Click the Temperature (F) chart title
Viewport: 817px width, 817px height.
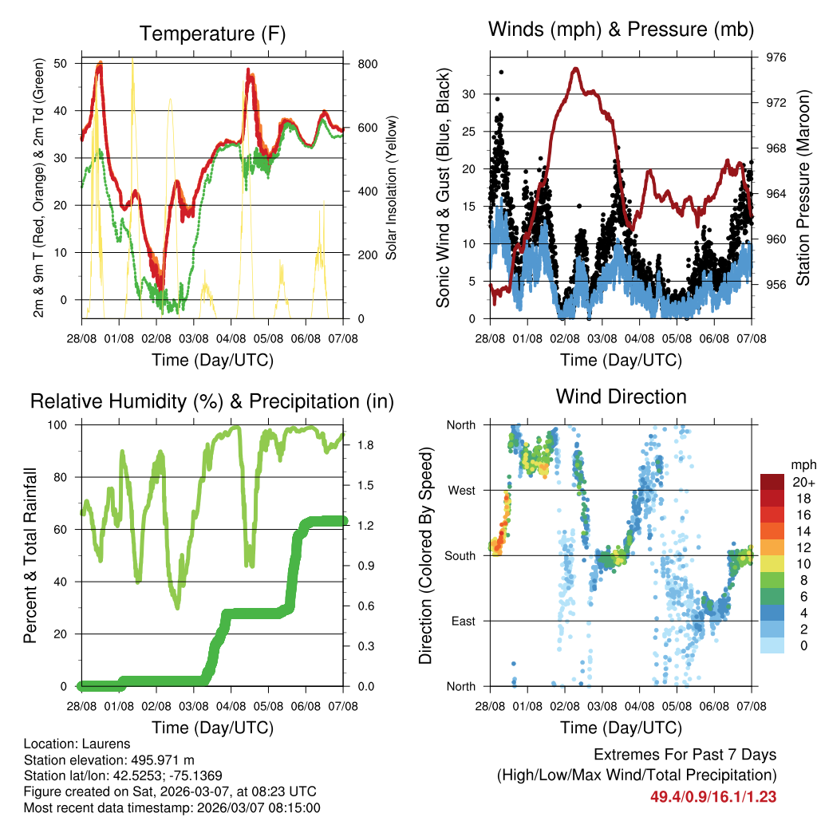212,34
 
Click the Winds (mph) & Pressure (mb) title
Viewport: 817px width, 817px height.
621,30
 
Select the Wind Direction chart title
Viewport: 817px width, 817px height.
621,396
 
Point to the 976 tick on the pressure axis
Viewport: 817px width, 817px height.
776,57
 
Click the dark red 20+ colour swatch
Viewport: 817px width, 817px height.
772,482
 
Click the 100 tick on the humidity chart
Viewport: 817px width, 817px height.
63,425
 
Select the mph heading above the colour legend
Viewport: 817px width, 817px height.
801,464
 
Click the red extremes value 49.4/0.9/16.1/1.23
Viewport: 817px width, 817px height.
713,796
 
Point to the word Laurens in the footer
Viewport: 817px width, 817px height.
101,744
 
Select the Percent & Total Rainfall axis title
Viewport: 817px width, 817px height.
30,555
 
